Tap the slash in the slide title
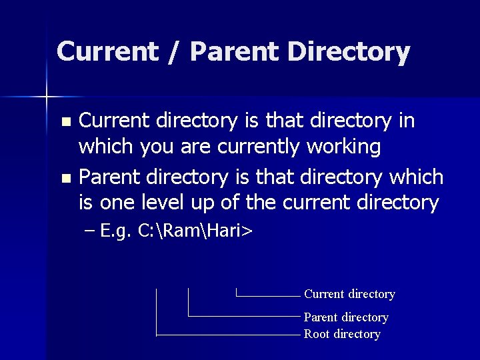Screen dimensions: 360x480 (174, 52)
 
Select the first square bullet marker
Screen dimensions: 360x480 (65, 122)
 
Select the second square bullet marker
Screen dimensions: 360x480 (65, 179)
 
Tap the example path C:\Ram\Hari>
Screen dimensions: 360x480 (195, 231)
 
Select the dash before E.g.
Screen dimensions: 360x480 (91, 232)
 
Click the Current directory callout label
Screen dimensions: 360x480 (349, 294)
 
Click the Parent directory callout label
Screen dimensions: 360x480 (346, 317)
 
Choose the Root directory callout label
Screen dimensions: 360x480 (342, 334)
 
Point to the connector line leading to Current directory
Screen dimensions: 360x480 (267, 295)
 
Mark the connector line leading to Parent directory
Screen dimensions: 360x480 (243, 315)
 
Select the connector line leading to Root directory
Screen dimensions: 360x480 (227, 335)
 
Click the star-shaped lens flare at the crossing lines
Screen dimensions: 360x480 (47, 97)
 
